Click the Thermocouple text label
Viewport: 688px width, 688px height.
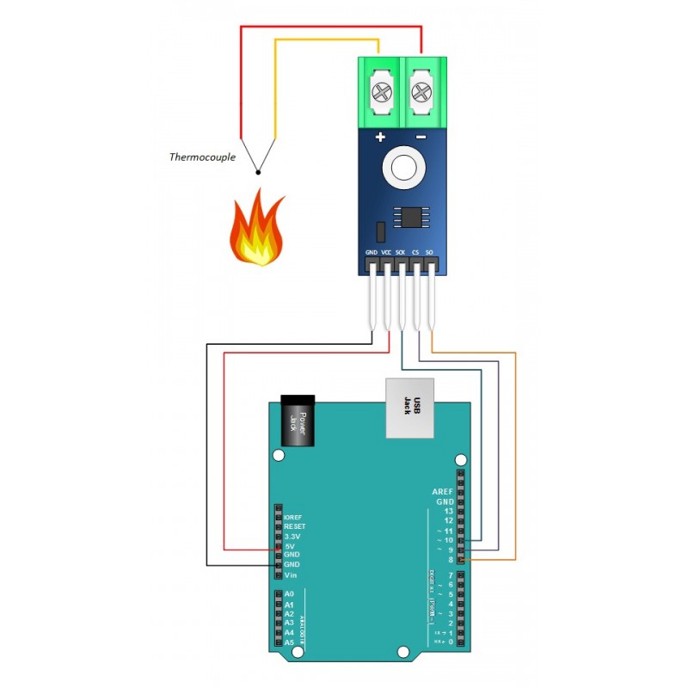tap(203, 157)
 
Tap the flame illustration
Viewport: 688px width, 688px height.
tap(256, 230)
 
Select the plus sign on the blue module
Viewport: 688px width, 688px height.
tap(380, 138)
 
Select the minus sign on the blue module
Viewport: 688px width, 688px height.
tap(421, 138)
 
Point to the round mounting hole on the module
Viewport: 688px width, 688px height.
tap(402, 167)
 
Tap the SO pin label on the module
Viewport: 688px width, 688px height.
tap(429, 253)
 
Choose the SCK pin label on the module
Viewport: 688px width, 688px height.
tap(401, 253)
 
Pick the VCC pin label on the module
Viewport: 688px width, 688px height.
tap(386, 253)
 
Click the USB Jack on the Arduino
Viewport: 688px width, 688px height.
tap(409, 408)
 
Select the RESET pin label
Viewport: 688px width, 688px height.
tap(296, 526)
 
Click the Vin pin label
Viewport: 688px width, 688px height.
tap(291, 574)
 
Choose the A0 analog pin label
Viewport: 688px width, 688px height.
tap(289, 594)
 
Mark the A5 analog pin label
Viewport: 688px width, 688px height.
tap(289, 642)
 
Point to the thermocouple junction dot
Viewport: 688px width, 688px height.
tap(257, 172)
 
